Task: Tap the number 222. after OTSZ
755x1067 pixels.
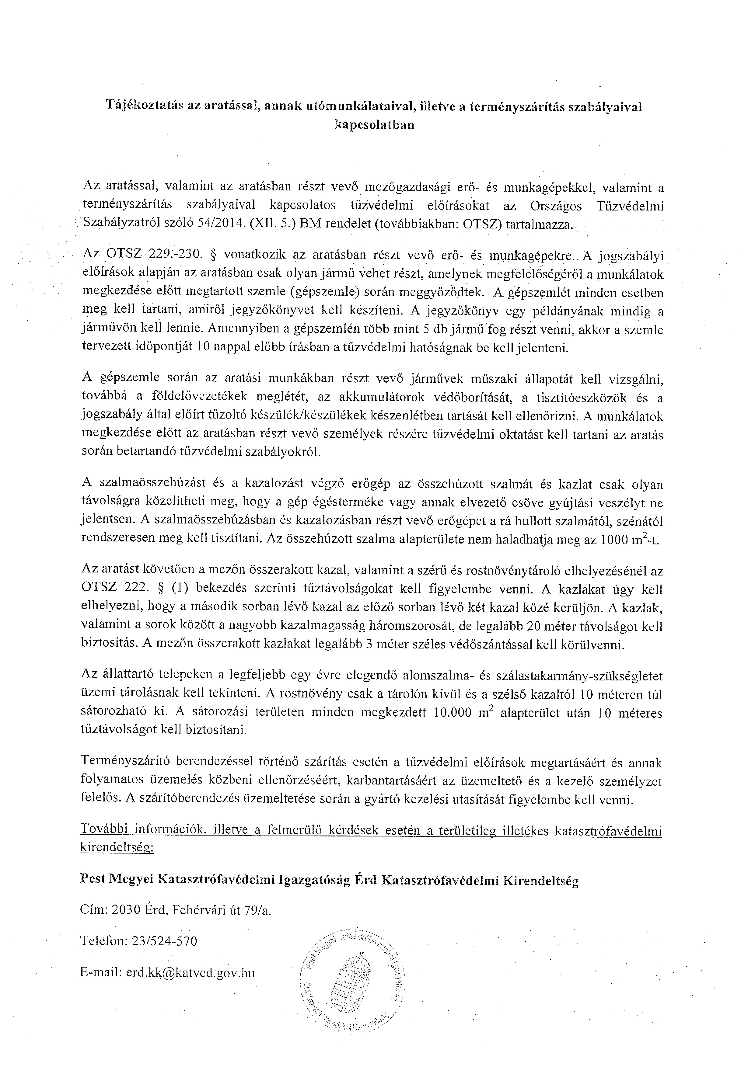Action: pyautogui.click(x=138, y=589)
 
